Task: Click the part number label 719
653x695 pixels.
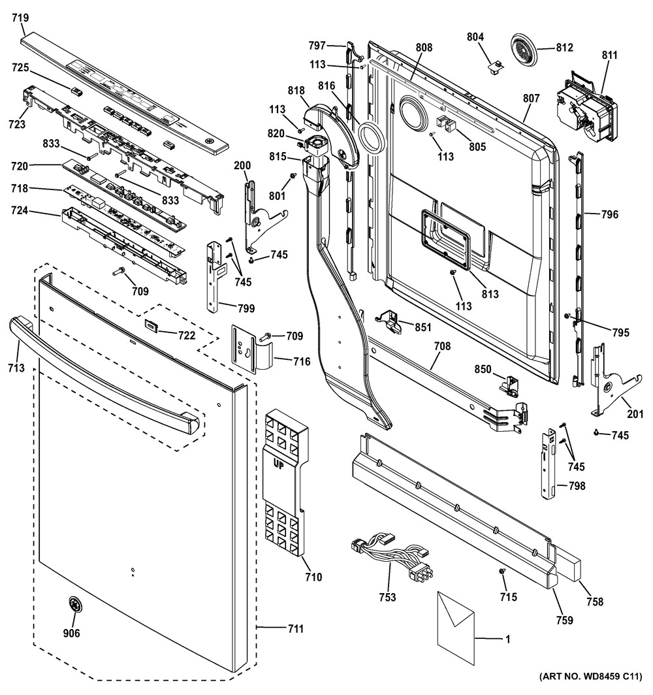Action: click(20, 18)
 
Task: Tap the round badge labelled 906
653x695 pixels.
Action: click(74, 605)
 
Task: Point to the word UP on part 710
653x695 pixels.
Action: click(278, 464)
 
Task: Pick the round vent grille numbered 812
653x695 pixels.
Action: click(524, 48)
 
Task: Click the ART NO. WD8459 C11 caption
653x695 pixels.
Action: click(590, 677)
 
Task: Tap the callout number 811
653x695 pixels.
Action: click(609, 55)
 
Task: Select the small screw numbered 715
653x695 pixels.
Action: click(503, 572)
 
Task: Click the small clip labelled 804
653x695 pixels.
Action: click(495, 67)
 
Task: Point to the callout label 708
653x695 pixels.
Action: click(441, 346)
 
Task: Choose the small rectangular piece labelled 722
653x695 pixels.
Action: click(151, 325)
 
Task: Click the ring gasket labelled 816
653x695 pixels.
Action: click(372, 138)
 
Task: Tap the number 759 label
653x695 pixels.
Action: click(564, 620)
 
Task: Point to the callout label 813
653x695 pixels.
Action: click(490, 294)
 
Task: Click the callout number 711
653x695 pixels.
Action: click(296, 628)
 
